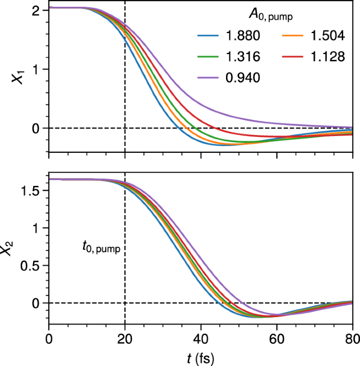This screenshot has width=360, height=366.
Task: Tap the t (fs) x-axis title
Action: click(x=201, y=358)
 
